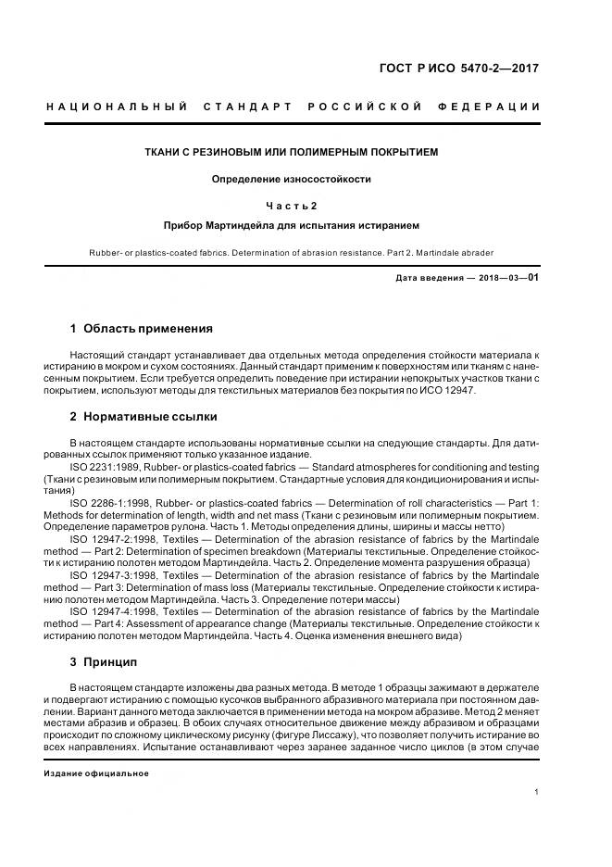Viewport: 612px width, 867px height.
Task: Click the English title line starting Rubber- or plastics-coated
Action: pyautogui.click(x=292, y=252)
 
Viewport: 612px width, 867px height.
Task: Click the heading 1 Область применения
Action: pyautogui.click(x=142, y=328)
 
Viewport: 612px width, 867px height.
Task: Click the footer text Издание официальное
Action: pyautogui.click(x=96, y=773)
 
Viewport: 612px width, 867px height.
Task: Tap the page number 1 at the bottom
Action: pyautogui.click(x=538, y=792)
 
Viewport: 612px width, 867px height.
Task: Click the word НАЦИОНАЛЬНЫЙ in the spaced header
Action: pyautogui.click(x=118, y=107)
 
